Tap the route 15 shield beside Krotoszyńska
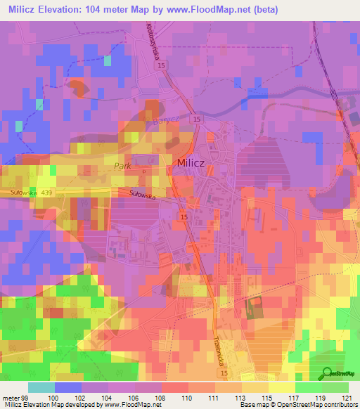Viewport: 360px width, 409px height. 162,65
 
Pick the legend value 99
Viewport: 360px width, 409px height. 23,398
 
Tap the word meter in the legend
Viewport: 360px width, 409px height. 9,398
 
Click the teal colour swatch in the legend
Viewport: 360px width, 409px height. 41,387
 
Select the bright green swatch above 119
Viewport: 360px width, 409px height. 309,387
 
